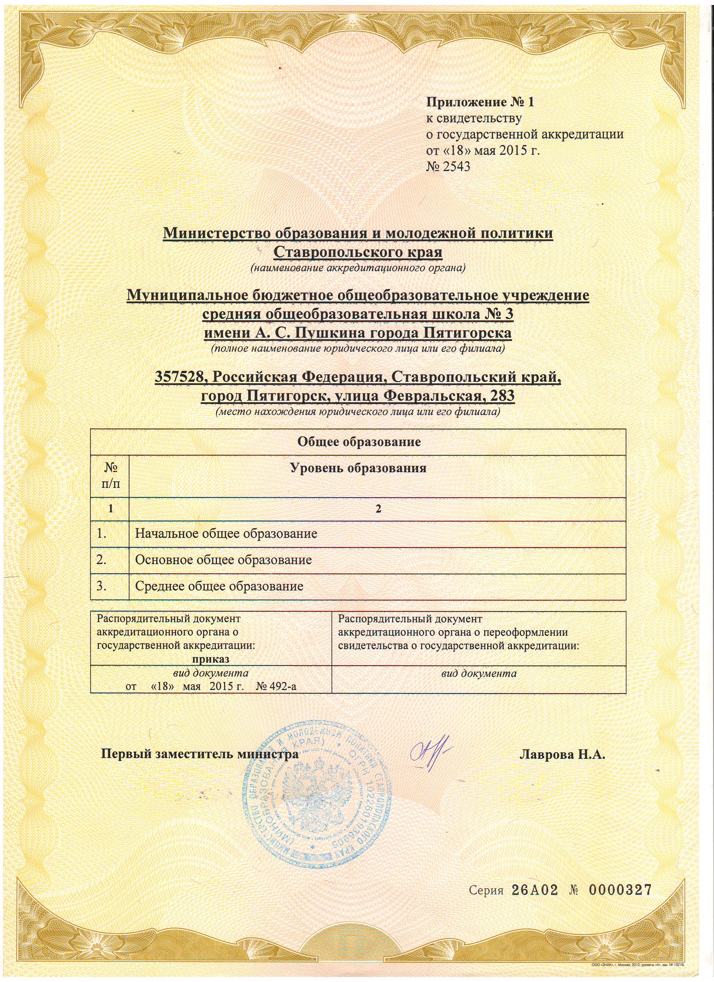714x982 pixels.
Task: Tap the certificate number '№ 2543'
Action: pos(448,167)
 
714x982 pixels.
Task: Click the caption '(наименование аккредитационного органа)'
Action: pos(358,268)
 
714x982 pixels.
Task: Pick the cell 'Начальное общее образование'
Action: pos(226,534)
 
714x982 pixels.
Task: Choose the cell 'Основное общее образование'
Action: pos(223,560)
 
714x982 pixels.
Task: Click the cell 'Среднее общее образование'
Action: pos(219,587)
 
